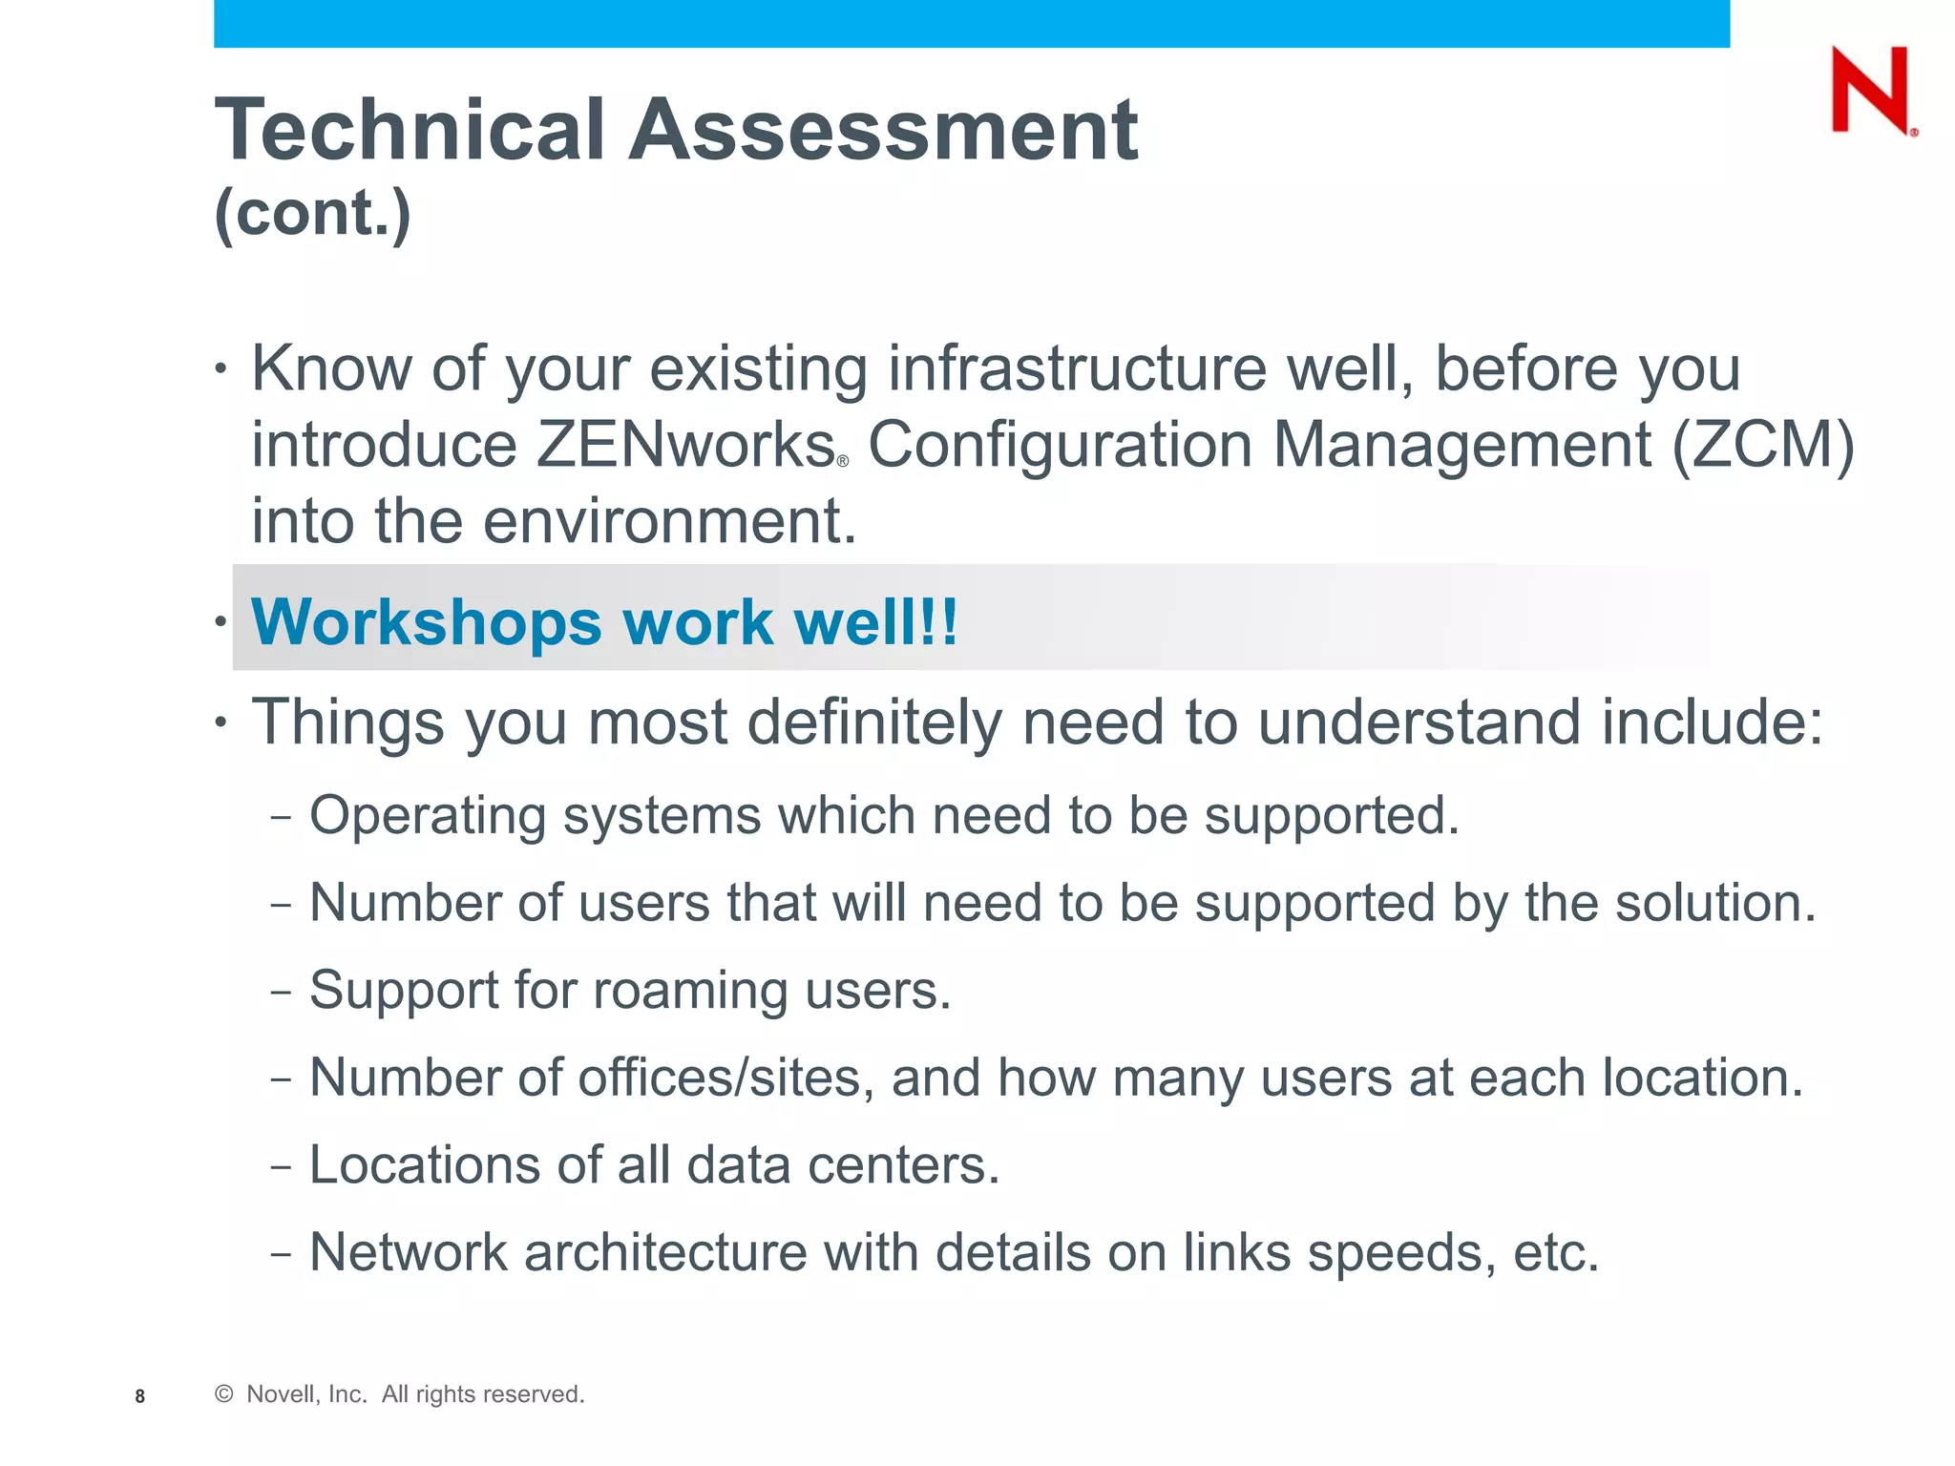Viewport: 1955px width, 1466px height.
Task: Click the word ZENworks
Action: click(686, 445)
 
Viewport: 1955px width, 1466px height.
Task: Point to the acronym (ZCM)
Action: click(1764, 445)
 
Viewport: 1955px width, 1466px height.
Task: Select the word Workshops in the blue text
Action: click(426, 622)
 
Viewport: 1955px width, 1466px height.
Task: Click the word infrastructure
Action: click(1078, 368)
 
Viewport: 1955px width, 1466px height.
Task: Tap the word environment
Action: click(669, 521)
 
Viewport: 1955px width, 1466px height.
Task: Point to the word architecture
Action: click(665, 1252)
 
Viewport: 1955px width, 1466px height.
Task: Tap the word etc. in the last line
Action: click(1556, 1252)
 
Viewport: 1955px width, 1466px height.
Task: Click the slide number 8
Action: click(140, 1396)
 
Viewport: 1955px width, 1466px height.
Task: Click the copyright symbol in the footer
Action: click(224, 1394)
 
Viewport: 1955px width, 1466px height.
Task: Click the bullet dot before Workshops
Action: click(221, 622)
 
